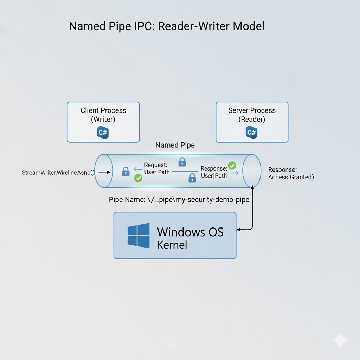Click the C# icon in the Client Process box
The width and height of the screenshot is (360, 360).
[x=103, y=132]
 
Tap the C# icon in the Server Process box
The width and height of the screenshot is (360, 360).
[x=252, y=132]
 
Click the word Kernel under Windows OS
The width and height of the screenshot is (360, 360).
[x=172, y=245]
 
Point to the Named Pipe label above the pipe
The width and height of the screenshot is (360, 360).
[x=175, y=145]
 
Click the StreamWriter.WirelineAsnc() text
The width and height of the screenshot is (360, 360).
[x=58, y=173]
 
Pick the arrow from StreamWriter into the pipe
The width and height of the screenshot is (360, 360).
[x=104, y=172]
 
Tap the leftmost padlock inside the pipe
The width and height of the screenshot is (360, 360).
[x=126, y=171]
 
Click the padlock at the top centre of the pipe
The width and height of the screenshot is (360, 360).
[x=182, y=162]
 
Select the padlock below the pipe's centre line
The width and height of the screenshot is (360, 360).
[x=192, y=178]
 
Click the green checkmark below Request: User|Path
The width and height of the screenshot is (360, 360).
[x=138, y=179]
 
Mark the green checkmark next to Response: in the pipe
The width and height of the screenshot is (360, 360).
[x=232, y=165]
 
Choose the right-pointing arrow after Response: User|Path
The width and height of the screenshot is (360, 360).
[x=234, y=173]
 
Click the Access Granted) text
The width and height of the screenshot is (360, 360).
[x=291, y=177]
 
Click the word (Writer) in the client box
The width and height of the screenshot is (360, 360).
[x=103, y=120]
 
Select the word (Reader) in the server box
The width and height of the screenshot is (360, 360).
[x=252, y=120]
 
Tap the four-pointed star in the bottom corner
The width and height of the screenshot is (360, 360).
[x=340, y=340]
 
